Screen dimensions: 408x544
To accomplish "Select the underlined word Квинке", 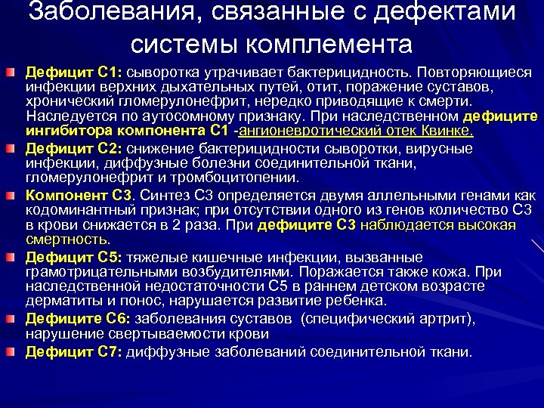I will click(450, 131).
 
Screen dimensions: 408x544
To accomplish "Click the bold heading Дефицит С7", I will click(73, 351).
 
